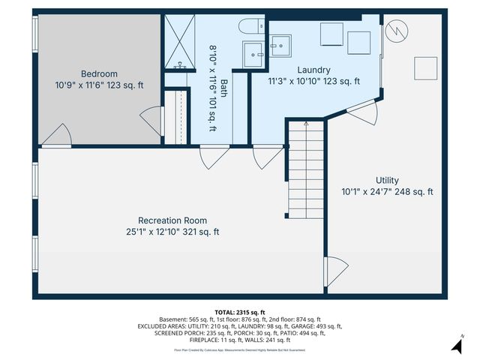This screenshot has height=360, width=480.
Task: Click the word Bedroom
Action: click(x=99, y=73)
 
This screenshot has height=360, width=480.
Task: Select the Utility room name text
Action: click(x=387, y=181)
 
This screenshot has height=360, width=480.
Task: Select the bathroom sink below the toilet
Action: click(x=253, y=52)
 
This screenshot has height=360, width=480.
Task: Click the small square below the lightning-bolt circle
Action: click(x=427, y=68)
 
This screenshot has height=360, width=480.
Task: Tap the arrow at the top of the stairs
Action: click(x=305, y=124)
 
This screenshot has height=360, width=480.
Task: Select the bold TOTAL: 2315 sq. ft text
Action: click(x=239, y=312)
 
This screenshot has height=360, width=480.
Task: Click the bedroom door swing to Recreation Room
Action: click(x=57, y=136)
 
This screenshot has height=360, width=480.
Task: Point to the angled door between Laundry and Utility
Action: click(x=362, y=113)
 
